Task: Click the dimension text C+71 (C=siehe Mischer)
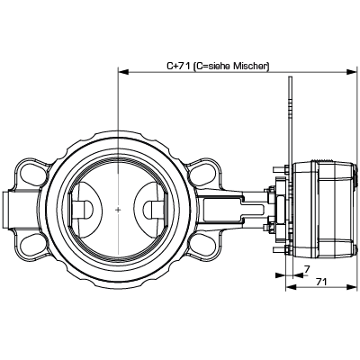tap(218, 66)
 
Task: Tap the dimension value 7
tap(307, 269)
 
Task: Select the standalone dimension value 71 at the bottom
tap(321, 282)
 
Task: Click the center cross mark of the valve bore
tap(119, 210)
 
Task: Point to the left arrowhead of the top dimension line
tap(123, 72)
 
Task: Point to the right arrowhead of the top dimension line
tap(352, 72)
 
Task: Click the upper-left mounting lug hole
tap(31, 173)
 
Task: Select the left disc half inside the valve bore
tap(85, 210)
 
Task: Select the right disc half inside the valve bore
tap(151, 210)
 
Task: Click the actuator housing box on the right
tap(325, 210)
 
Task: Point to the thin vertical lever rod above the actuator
tap(290, 120)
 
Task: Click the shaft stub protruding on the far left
tap(7, 210)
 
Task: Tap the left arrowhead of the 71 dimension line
tap(290, 287)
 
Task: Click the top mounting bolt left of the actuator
tap(281, 170)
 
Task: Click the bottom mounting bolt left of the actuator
tap(281, 249)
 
